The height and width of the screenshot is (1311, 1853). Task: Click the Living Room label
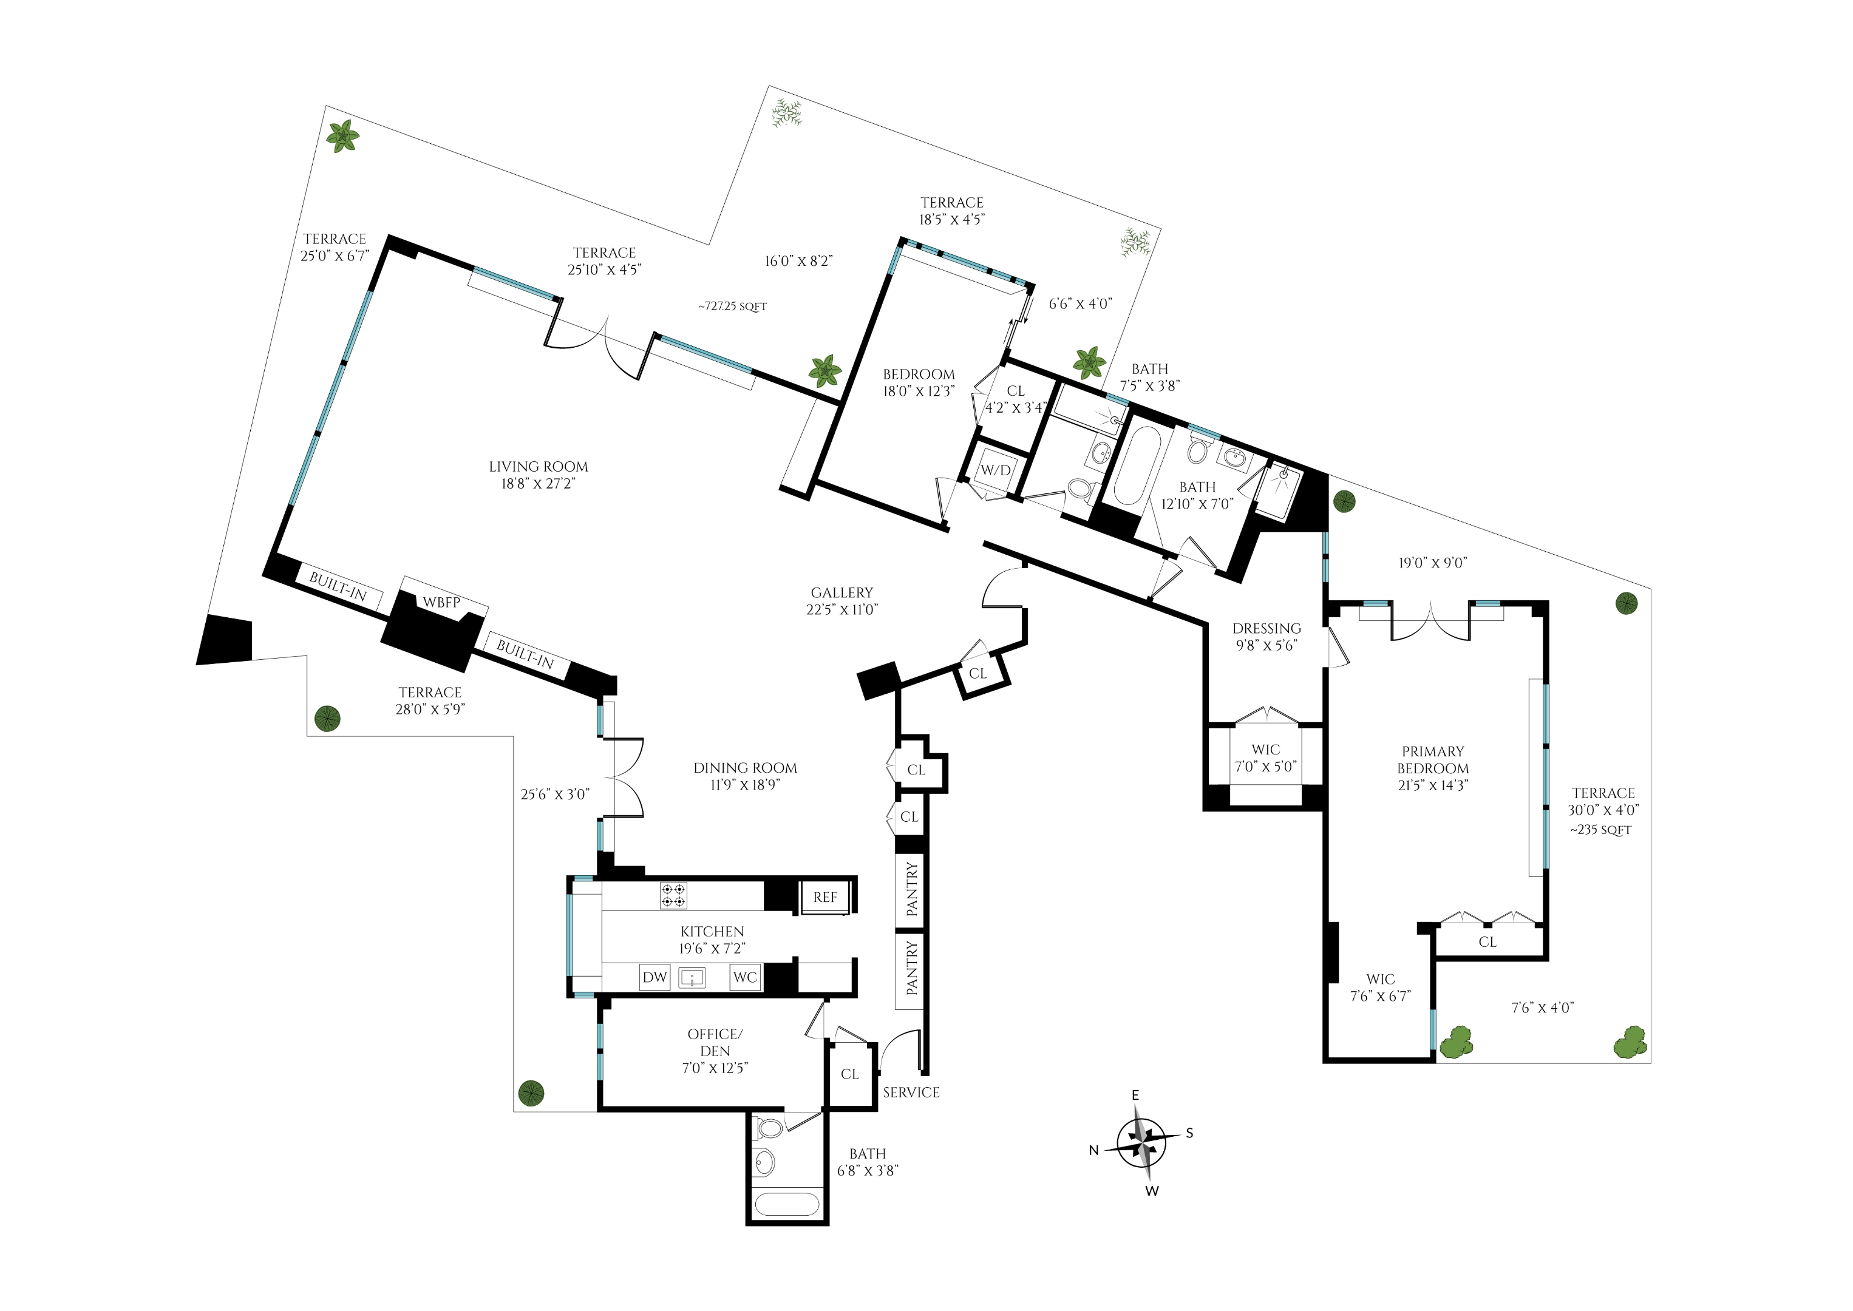pos(538,475)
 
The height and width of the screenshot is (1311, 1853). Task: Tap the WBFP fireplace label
pos(441,602)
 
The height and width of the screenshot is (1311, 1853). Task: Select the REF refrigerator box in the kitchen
pos(824,897)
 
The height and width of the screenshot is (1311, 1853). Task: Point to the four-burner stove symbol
pos(673,896)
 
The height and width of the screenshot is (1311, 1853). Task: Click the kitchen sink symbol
pos(693,978)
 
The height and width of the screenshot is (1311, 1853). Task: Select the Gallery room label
pos(842,601)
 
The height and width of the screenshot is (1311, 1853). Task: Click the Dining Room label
pos(745,776)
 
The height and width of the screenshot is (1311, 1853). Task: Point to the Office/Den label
pos(715,1050)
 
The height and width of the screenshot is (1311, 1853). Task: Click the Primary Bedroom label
pos(1433,768)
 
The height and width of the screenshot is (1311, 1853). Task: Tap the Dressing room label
pos(1267,636)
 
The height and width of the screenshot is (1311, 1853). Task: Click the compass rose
pos(1141,1142)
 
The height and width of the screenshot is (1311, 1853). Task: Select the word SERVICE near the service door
pos(911,1092)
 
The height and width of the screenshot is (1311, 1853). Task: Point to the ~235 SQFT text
pos(1601,830)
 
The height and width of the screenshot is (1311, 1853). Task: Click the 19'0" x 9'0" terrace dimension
pos(1432,563)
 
